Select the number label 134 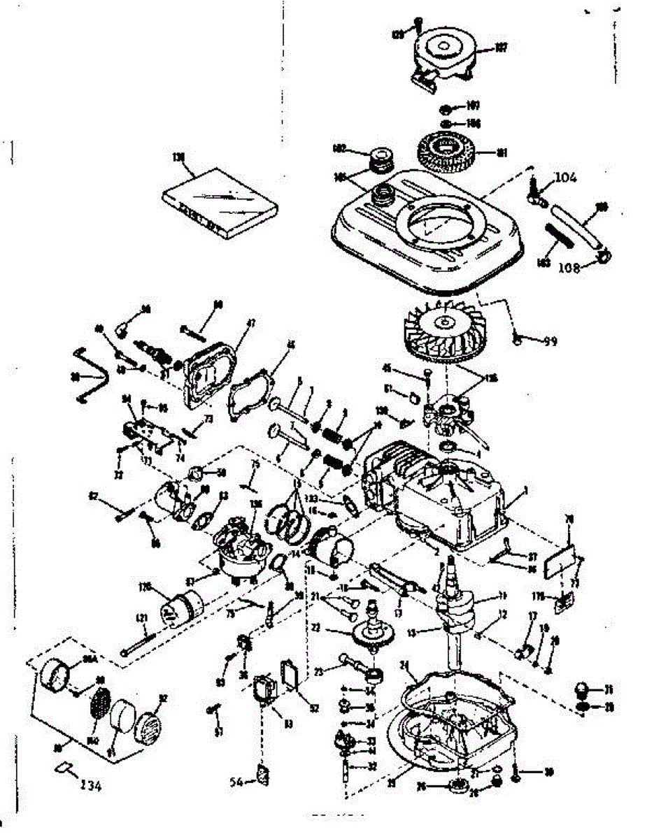click(90, 787)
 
